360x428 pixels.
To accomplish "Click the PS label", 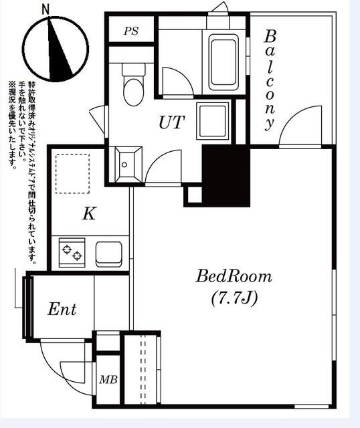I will click(x=131, y=31).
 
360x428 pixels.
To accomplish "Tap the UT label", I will click(x=172, y=122).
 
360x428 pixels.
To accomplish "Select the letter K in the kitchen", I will click(x=89, y=214).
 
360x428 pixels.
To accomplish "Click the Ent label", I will click(x=62, y=310).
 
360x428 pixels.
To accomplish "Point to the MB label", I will click(x=108, y=380).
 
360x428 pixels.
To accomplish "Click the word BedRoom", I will click(x=234, y=276).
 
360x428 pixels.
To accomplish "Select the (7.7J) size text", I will click(x=234, y=298).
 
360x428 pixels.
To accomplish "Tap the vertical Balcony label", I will click(x=270, y=79).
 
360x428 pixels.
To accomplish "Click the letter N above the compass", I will click(x=46, y=9).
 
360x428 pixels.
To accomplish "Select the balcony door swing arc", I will click(x=294, y=130).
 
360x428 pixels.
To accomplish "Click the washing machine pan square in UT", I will click(x=212, y=120).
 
